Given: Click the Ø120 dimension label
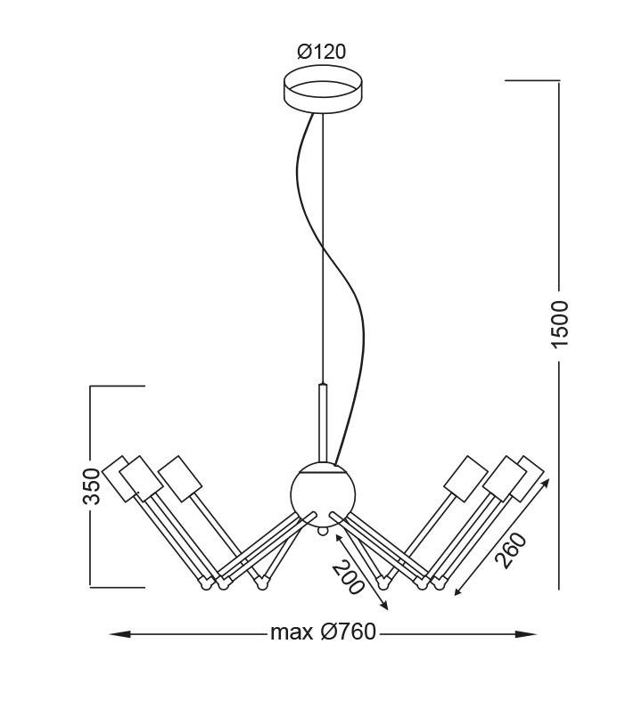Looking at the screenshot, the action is pos(321,52).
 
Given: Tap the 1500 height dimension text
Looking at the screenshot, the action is pos(559,324).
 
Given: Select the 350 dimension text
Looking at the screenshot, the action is pos(91,486).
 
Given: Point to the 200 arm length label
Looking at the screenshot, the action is pos(349,577).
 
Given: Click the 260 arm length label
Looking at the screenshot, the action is pos(512,550).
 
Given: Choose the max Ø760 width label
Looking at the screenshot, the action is pos(323,632).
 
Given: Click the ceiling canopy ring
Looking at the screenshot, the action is pos(324,89).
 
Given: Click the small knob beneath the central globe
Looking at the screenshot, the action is pos(322,532).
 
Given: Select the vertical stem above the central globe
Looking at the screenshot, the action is pos(323,423).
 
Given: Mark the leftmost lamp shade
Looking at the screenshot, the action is pos(119,477).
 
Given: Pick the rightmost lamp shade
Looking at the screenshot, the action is pos(527,477).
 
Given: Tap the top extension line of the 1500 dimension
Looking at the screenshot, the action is pos(532,80).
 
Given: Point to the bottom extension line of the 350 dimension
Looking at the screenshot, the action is pos(117,587).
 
